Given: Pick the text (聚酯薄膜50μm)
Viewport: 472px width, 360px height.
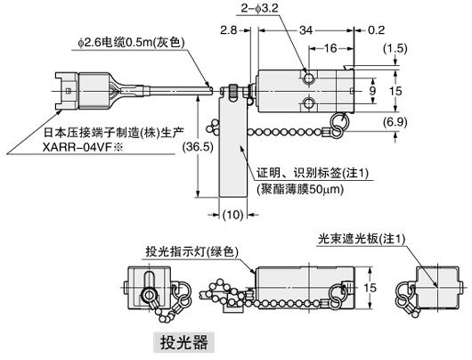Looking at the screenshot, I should [x=303, y=189].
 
